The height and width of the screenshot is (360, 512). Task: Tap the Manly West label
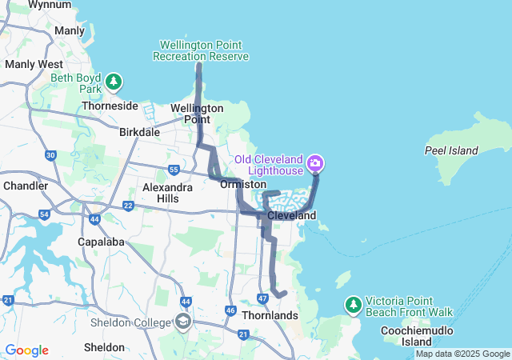pos(34,63)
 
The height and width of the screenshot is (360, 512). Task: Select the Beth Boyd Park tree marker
pos(114,82)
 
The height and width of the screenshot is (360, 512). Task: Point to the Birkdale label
pos(139,132)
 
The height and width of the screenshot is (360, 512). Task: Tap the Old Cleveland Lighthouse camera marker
pos(315,164)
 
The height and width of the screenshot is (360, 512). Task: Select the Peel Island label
pos(451,150)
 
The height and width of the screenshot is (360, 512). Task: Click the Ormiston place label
pos(242,184)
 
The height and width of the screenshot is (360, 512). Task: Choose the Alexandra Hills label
pos(167,192)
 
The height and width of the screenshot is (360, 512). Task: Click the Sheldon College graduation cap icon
pos(182,322)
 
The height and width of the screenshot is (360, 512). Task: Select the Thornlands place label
pos(270,315)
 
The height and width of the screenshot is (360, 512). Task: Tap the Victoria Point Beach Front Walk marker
pos(353,305)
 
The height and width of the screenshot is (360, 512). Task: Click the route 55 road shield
pos(174,169)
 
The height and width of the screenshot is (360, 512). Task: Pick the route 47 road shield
pos(262,298)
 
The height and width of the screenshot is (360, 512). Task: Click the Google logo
pos(26,350)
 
